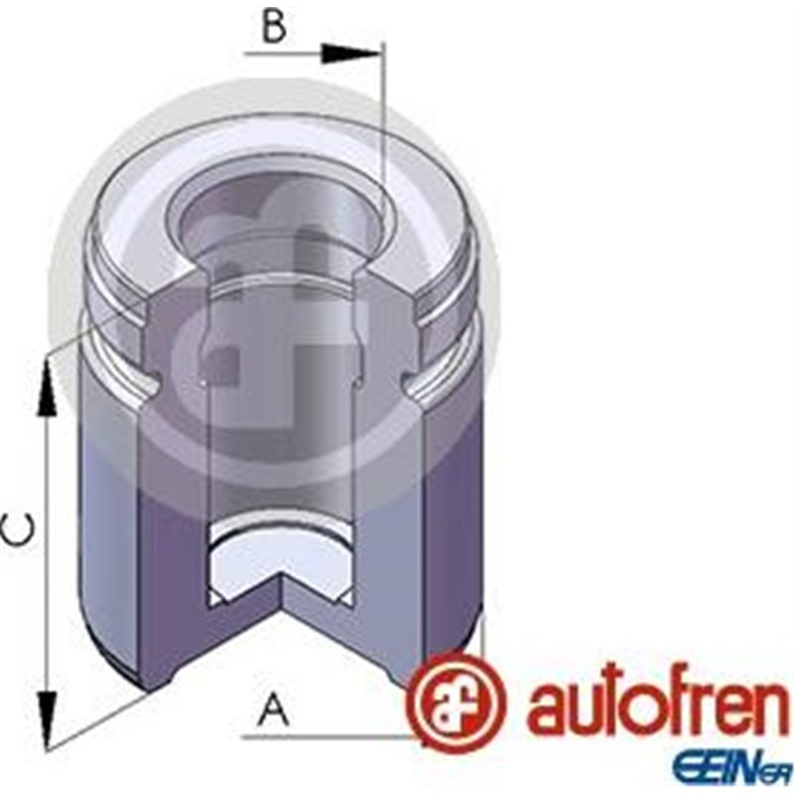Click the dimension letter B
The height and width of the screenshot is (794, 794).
click(274, 27)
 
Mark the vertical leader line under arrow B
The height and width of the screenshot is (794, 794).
click(382, 129)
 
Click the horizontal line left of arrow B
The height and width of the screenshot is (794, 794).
click(288, 54)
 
